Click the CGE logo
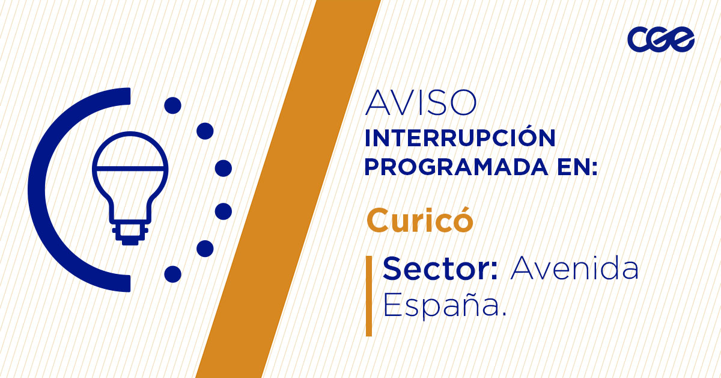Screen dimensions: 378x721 tap(660, 40)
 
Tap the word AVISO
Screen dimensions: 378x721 tap(421, 103)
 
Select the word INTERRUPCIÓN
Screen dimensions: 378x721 tap(460, 138)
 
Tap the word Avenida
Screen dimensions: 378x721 tap(574, 268)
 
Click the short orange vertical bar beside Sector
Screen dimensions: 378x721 tap(369, 296)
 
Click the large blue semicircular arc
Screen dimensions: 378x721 tap(48, 189)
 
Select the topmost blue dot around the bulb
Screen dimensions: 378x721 tap(172, 105)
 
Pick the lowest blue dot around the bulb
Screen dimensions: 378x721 tap(172, 274)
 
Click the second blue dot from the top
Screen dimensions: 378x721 tap(205, 131)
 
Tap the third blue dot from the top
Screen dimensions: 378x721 tap(224, 168)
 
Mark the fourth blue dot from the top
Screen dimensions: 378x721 tap(224, 211)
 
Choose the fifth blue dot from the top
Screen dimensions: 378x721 tap(205, 248)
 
